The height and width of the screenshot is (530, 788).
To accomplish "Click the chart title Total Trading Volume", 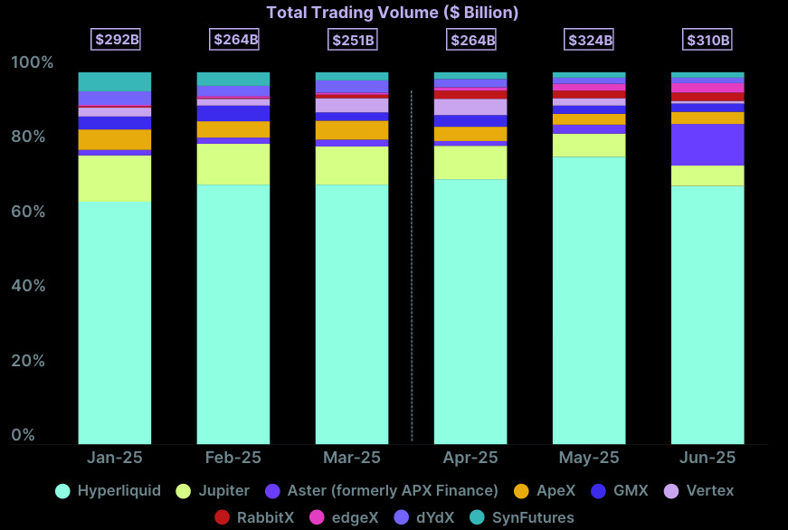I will pos(392,13).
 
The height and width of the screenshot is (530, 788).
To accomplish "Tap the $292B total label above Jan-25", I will pos(115,40).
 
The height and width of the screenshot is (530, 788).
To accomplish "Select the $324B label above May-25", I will pos(590,40).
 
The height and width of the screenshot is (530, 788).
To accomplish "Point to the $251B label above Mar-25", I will pos(352,40).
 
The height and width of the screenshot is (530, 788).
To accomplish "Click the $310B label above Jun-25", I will pos(707,40).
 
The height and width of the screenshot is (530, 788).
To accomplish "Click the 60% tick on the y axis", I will pos(33,212).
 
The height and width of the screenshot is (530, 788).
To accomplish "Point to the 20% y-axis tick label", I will pos(33,361).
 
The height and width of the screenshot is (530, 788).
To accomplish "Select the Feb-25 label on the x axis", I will pos(233,458).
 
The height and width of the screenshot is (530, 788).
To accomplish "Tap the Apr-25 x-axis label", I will pos(470,458).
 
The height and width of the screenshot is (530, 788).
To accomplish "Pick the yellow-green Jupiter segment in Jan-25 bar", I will pos(115,178).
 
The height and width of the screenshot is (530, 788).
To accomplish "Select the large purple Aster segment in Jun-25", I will pos(707,145).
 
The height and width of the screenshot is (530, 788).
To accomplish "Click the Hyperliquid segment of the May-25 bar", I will pos(589,298).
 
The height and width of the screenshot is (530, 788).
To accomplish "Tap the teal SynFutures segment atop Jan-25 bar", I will pos(115,81).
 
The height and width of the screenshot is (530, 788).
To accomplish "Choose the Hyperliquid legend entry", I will pos(109,491).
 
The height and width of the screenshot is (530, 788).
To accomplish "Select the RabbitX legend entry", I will pos(255,518).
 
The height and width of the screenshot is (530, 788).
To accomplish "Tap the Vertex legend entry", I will pos(699,491).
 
